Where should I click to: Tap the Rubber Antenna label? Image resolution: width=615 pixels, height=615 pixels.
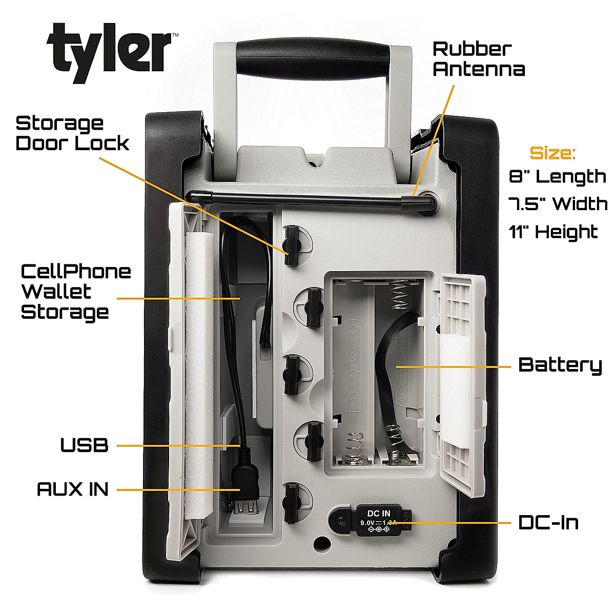click(x=479, y=59)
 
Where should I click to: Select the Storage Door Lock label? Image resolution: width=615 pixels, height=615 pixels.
click(x=72, y=133)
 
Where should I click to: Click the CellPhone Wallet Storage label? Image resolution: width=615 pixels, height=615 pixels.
click(x=75, y=291)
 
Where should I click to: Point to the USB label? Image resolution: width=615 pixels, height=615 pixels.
click(x=85, y=445)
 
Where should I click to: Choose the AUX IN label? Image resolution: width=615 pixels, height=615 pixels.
click(x=73, y=489)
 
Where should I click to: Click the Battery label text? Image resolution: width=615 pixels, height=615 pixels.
click(x=560, y=365)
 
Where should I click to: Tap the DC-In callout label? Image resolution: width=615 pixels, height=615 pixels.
click(x=548, y=523)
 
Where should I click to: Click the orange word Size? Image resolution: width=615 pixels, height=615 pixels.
click(x=552, y=153)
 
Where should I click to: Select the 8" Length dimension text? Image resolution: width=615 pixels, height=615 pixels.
click(x=558, y=177)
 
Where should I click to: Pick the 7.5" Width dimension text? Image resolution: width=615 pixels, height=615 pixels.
click(x=558, y=204)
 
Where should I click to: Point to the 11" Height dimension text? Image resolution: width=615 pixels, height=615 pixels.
click(x=553, y=232)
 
